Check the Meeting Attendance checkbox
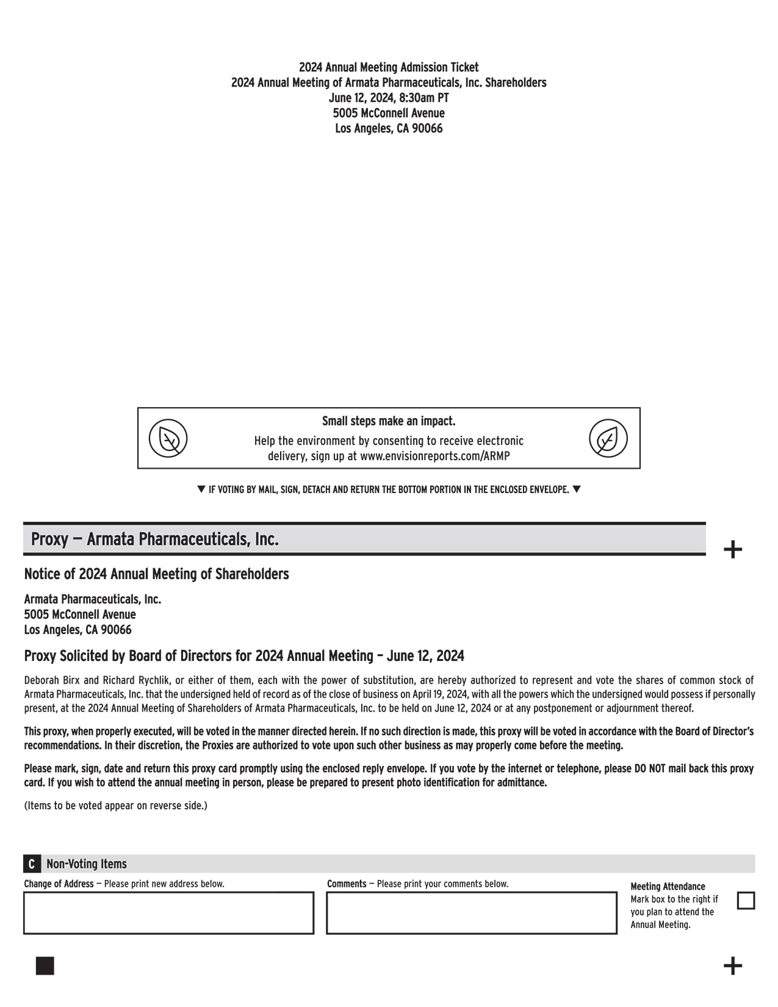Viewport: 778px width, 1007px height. click(x=746, y=901)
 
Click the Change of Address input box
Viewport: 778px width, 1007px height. click(x=168, y=913)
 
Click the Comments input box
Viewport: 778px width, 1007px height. click(x=471, y=913)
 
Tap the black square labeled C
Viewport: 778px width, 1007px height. click(x=32, y=864)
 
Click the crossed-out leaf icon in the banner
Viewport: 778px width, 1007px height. click(x=168, y=438)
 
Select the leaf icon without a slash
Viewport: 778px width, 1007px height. click(x=608, y=438)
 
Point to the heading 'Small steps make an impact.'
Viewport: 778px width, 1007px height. click(x=389, y=421)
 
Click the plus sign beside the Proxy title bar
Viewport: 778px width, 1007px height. click(x=732, y=549)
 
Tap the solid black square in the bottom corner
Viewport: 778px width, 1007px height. click(x=45, y=966)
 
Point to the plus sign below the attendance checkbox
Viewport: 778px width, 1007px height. click(x=732, y=966)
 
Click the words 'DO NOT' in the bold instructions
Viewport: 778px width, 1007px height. click(x=650, y=769)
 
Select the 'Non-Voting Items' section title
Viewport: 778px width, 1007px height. click(x=87, y=864)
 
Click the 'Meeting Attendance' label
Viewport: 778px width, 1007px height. click(x=668, y=886)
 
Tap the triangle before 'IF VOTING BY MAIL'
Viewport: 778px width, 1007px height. click(x=201, y=489)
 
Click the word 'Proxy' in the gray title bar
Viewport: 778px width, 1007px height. click(x=49, y=540)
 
